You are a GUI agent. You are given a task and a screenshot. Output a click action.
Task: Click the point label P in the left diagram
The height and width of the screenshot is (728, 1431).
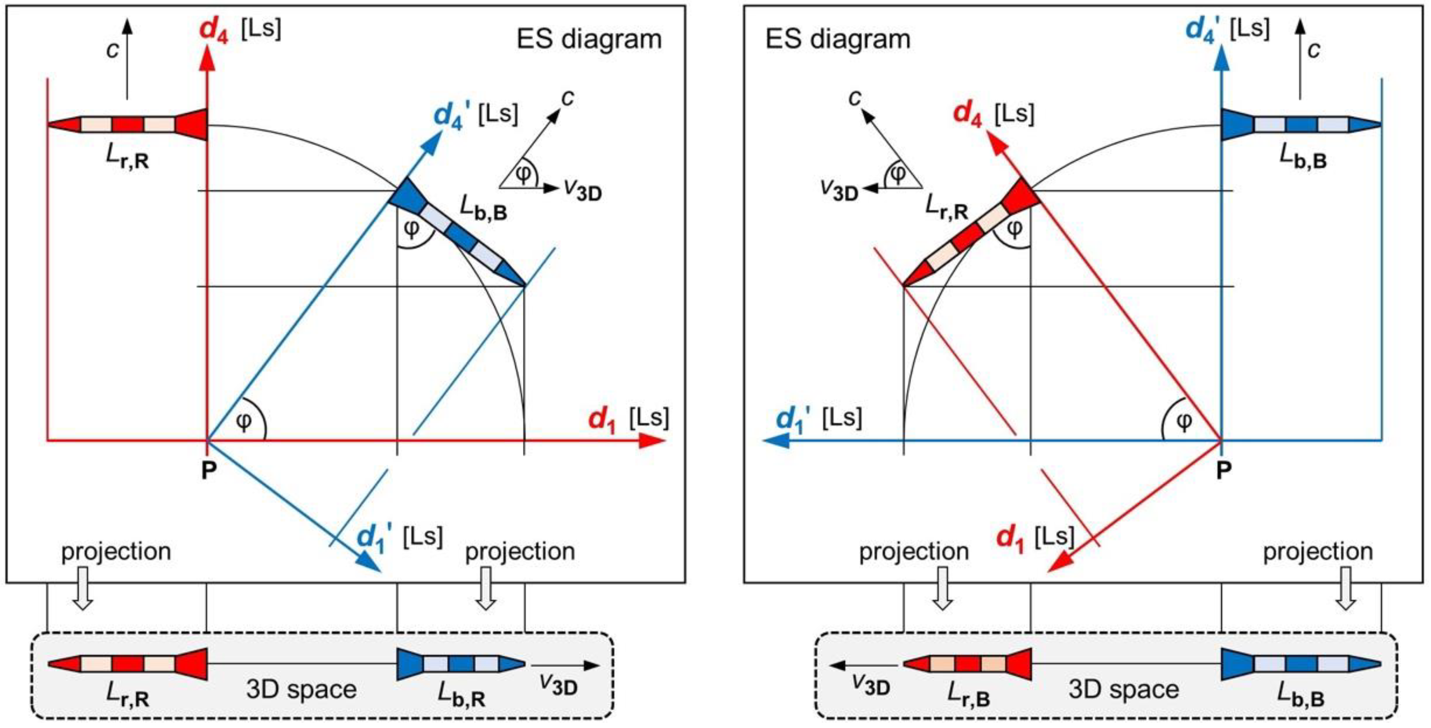pos(208,470)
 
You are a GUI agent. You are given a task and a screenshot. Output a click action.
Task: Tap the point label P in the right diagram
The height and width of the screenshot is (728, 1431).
pos(1224,470)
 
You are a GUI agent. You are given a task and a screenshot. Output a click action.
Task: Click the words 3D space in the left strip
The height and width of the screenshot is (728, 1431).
pos(301,690)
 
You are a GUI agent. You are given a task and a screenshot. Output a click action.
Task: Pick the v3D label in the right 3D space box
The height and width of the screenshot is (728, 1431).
pos(871,687)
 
